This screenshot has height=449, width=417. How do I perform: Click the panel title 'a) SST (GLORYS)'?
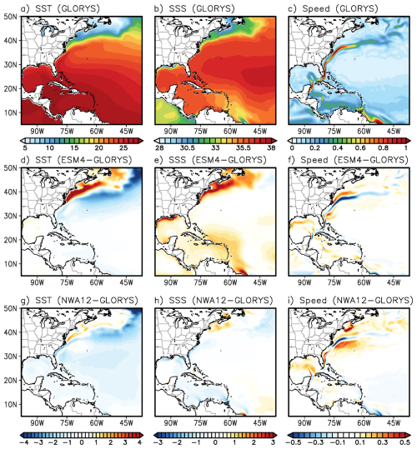(x=60, y=8)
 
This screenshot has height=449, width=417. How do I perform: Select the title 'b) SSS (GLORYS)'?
(x=194, y=8)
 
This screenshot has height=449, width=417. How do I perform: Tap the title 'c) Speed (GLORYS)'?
(x=333, y=8)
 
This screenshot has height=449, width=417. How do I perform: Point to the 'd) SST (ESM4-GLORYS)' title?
(x=76, y=160)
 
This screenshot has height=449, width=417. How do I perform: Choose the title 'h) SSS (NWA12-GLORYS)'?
(x=214, y=300)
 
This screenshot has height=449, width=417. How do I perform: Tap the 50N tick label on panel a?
(x=11, y=17)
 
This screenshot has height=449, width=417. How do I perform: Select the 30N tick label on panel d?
(x=11, y=216)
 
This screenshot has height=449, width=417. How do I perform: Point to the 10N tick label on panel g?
(x=11, y=404)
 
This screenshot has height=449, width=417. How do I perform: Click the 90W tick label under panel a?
(x=38, y=131)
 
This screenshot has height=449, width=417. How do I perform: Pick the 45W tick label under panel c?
(x=394, y=131)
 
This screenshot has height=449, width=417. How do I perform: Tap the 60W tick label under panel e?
(x=230, y=282)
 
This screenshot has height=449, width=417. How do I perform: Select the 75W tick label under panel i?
(x=334, y=422)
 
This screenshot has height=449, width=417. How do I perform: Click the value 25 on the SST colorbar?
(x=123, y=147)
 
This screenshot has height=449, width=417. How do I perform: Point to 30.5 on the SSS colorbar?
(x=187, y=147)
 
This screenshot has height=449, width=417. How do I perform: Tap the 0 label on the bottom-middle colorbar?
(x=215, y=442)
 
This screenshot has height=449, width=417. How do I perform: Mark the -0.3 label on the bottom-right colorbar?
(x=314, y=442)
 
